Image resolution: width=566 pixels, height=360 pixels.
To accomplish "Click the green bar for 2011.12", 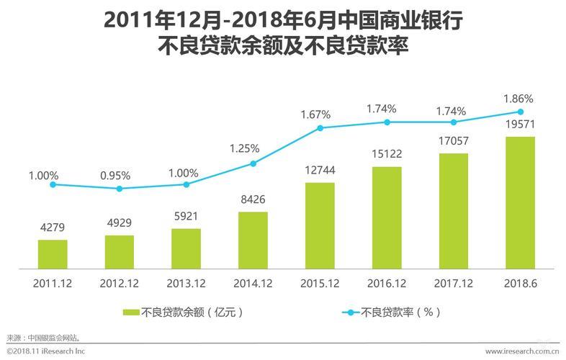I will tap(53, 253).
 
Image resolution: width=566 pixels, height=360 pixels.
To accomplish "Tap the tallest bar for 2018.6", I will tap(520, 202).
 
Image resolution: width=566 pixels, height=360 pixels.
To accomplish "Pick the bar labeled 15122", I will tap(387, 217).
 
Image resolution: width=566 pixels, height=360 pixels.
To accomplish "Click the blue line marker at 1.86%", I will tap(520, 112).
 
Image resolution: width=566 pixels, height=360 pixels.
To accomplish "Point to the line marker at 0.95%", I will tap(120, 189).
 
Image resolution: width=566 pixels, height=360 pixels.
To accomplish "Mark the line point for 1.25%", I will tap(253, 163).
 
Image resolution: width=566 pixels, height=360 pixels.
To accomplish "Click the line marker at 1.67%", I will tap(320, 128).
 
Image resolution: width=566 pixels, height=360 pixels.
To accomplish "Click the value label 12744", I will tap(320, 171).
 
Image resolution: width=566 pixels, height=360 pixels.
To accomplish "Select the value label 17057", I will tap(454, 143).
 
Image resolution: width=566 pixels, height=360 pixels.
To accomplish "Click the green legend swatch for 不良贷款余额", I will tap(131, 312).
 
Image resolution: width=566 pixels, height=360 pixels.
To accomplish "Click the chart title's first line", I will tap(283, 20).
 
